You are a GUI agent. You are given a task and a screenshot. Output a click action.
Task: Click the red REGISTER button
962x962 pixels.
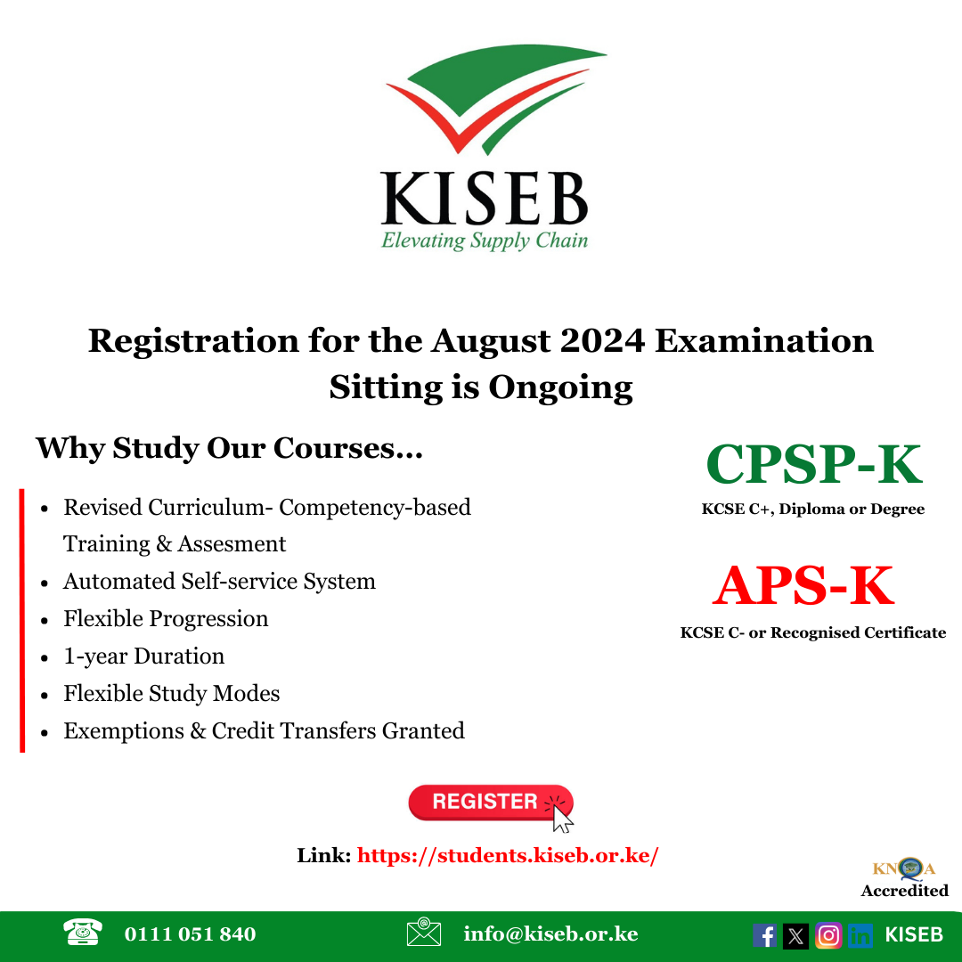(x=485, y=802)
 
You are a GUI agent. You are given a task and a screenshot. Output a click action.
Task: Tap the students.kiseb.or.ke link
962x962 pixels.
(x=508, y=856)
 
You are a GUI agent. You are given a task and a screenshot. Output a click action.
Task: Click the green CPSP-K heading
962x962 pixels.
(x=813, y=464)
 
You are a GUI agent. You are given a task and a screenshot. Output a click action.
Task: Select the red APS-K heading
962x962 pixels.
(x=803, y=585)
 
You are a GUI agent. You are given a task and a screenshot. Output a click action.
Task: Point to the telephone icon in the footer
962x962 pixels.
(x=83, y=933)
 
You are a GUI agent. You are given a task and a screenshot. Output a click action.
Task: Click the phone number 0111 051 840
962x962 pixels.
(x=190, y=934)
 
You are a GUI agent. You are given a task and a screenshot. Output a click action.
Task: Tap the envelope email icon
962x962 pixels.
(x=423, y=933)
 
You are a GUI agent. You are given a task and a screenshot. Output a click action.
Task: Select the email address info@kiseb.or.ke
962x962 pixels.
(x=550, y=934)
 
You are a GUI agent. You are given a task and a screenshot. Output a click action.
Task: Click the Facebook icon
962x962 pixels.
(x=764, y=935)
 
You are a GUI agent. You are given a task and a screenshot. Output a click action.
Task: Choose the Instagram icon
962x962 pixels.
(x=828, y=935)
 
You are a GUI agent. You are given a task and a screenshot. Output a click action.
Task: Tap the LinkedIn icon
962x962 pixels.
(x=860, y=935)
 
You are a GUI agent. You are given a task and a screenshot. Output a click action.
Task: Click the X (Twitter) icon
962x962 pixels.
(x=796, y=935)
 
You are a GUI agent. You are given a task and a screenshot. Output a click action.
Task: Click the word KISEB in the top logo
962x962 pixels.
(x=485, y=198)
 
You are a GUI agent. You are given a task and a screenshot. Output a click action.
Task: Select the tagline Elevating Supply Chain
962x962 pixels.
(x=485, y=240)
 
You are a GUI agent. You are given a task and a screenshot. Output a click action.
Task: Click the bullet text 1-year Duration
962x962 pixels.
(x=143, y=656)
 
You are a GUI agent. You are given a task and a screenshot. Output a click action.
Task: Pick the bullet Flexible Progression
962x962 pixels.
(x=166, y=619)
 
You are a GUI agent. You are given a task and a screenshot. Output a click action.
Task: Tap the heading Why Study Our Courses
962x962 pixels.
(x=229, y=448)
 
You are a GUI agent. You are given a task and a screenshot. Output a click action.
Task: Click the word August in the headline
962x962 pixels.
(x=502, y=341)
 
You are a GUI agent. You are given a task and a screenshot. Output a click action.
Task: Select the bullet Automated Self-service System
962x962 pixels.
(x=219, y=582)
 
